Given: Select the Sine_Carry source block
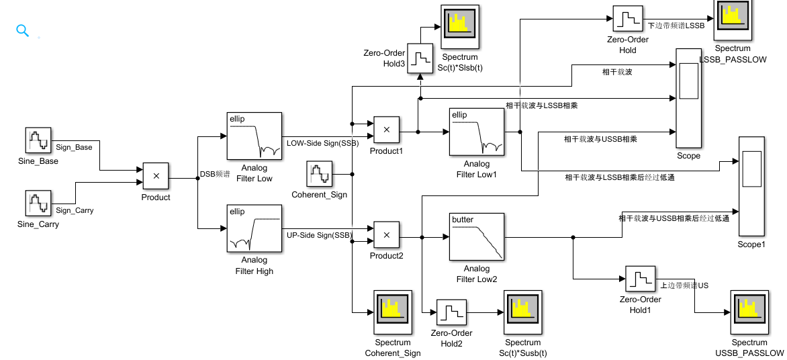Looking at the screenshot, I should [38, 204].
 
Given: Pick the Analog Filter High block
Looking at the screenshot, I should [254, 229].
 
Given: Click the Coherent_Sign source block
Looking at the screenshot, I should [320, 175].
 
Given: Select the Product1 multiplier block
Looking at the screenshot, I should [386, 130].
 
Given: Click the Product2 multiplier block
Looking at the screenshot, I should [386, 234].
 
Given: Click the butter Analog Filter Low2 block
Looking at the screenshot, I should [476, 237].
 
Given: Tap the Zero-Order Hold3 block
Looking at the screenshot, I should [421, 58].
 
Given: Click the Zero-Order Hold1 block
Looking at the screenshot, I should [640, 279].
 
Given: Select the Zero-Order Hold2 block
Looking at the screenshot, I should [451, 312].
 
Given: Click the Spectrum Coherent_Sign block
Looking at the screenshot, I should [392, 312].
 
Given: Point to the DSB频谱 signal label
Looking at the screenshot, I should [215, 174].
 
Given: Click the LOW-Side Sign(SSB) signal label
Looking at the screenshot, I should [322, 143].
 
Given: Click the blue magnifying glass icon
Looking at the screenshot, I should [23, 30].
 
